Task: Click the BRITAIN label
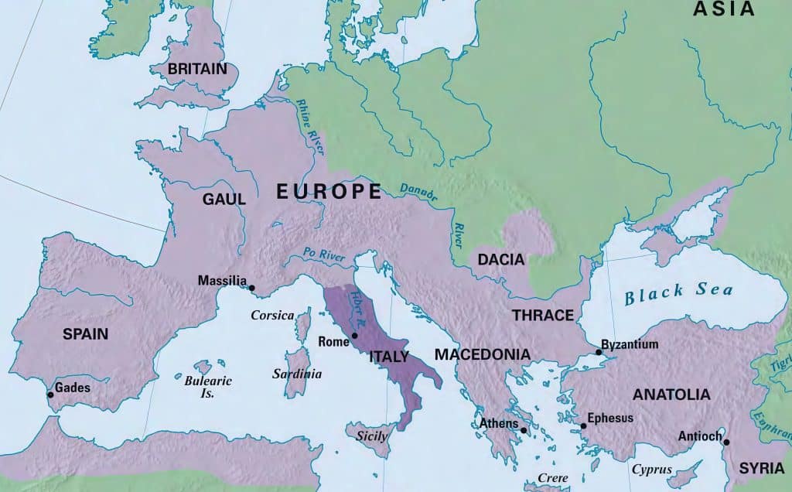point(197,69)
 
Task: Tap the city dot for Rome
point(354,336)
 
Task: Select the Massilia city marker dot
point(251,288)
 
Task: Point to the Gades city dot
point(51,395)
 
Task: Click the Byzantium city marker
point(598,352)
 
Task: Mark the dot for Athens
point(524,430)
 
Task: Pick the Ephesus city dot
point(583,425)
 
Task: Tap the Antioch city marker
point(727,442)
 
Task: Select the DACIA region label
point(501,260)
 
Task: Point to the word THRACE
point(541,315)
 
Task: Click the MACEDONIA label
point(482,354)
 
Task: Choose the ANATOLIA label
point(671,395)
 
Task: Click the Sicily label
point(371,436)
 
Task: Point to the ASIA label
point(723,9)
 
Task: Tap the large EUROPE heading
point(329,192)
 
